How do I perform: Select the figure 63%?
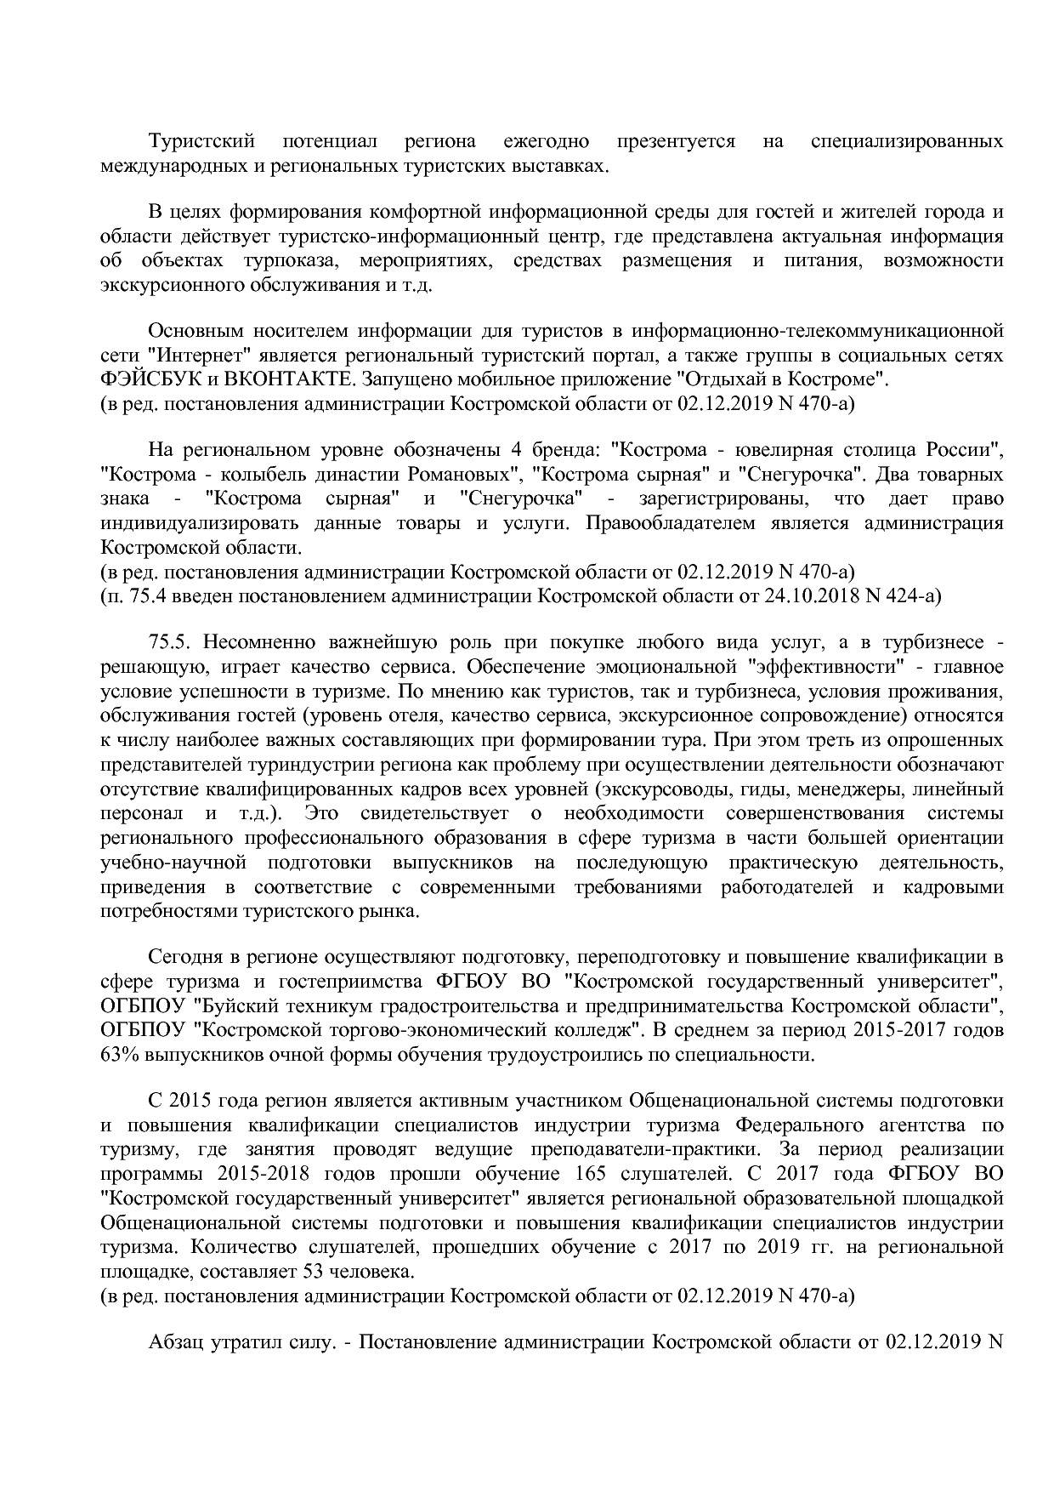[118, 1055]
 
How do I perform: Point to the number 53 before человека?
[306, 1273]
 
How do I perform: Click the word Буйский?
[224, 1006]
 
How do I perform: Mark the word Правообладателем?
[672, 522]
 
